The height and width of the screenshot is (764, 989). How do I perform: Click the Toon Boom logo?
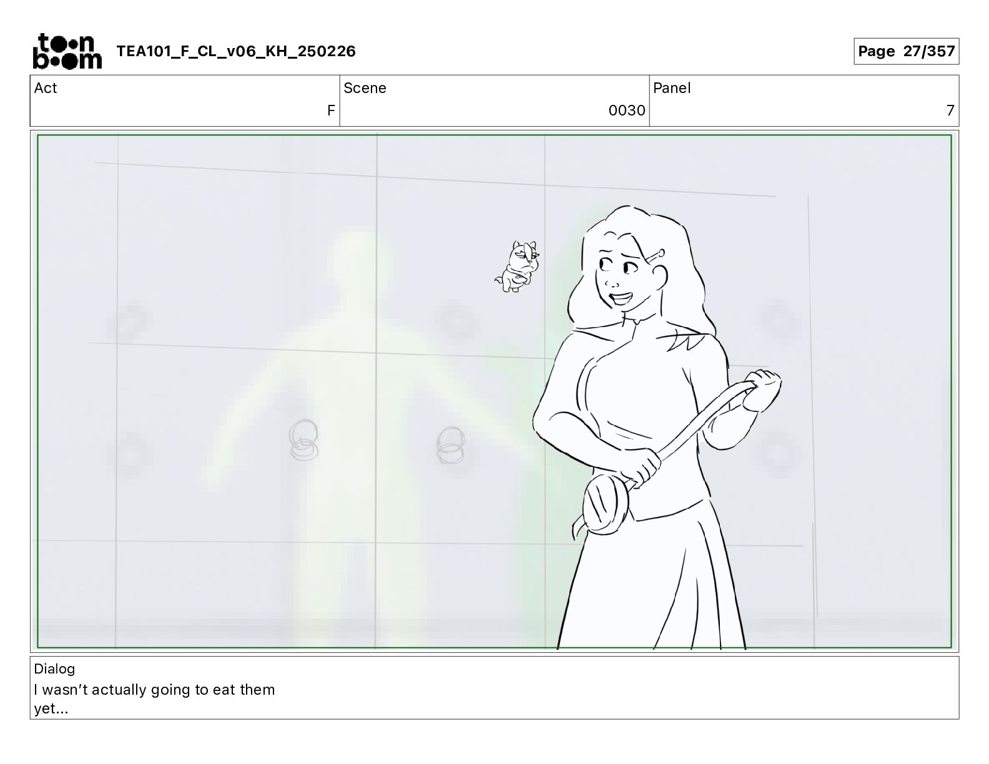click(x=67, y=51)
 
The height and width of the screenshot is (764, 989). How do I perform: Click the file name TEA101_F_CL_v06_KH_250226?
click(x=236, y=51)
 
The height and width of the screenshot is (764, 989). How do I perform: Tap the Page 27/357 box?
click(x=906, y=51)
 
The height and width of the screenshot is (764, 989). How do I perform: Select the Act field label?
click(x=46, y=88)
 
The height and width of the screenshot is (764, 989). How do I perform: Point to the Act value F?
click(x=331, y=110)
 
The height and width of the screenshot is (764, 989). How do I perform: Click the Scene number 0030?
click(x=627, y=110)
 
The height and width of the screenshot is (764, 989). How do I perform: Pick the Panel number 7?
click(x=950, y=110)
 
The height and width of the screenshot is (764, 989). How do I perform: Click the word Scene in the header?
click(x=365, y=88)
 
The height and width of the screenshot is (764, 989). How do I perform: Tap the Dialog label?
click(x=54, y=669)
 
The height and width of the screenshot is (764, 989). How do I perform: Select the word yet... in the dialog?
click(x=51, y=709)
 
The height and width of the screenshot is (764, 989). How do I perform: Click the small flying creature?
click(x=518, y=267)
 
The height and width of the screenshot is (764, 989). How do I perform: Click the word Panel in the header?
click(x=672, y=88)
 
